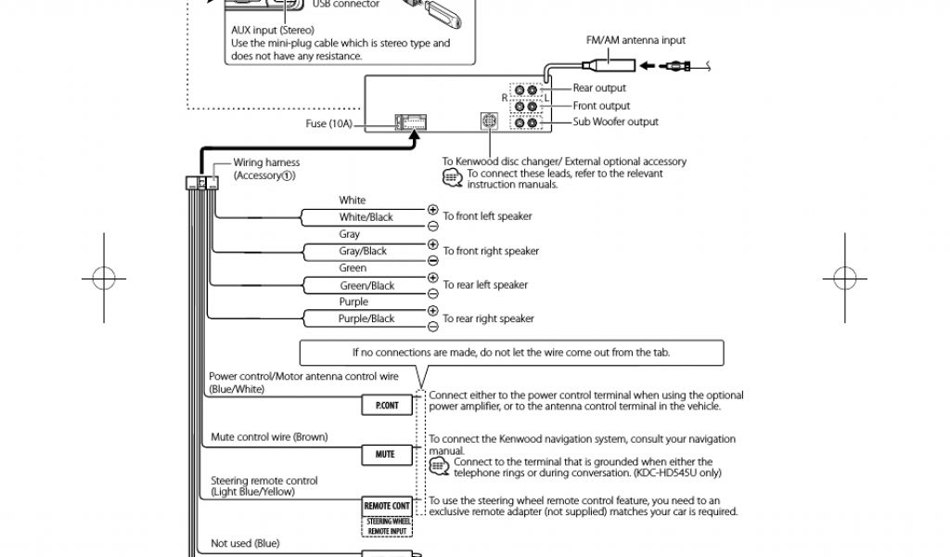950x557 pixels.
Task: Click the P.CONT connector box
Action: (387, 406)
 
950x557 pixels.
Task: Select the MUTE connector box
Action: (385, 454)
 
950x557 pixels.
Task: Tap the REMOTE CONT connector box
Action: (387, 506)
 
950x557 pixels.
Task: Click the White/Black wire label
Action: (366, 217)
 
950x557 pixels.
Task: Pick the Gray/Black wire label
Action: (363, 251)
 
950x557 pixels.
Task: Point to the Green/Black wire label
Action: (366, 286)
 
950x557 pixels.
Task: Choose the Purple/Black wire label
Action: (366, 318)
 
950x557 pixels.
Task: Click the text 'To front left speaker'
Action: (487, 216)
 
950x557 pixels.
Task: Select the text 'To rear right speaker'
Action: (488, 318)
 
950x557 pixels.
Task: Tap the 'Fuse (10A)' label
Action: (328, 123)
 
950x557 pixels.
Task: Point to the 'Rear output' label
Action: (599, 88)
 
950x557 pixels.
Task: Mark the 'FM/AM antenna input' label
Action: (635, 41)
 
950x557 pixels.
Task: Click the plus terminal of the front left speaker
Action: (432, 210)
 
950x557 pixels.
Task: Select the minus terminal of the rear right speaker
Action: (432, 327)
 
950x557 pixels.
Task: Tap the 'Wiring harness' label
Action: (266, 162)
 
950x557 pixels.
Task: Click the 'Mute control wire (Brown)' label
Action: (269, 436)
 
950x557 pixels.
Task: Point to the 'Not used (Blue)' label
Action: (245, 543)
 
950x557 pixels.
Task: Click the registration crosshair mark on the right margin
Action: (845, 277)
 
